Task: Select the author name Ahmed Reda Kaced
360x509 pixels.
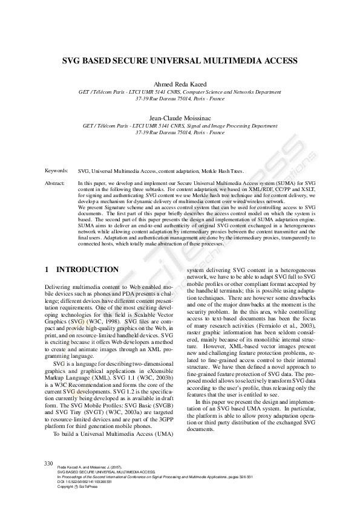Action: tap(180, 83)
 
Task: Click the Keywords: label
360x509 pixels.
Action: tap(56, 171)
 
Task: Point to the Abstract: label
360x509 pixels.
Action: tap(56, 182)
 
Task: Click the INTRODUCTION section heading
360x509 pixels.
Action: tap(87, 268)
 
